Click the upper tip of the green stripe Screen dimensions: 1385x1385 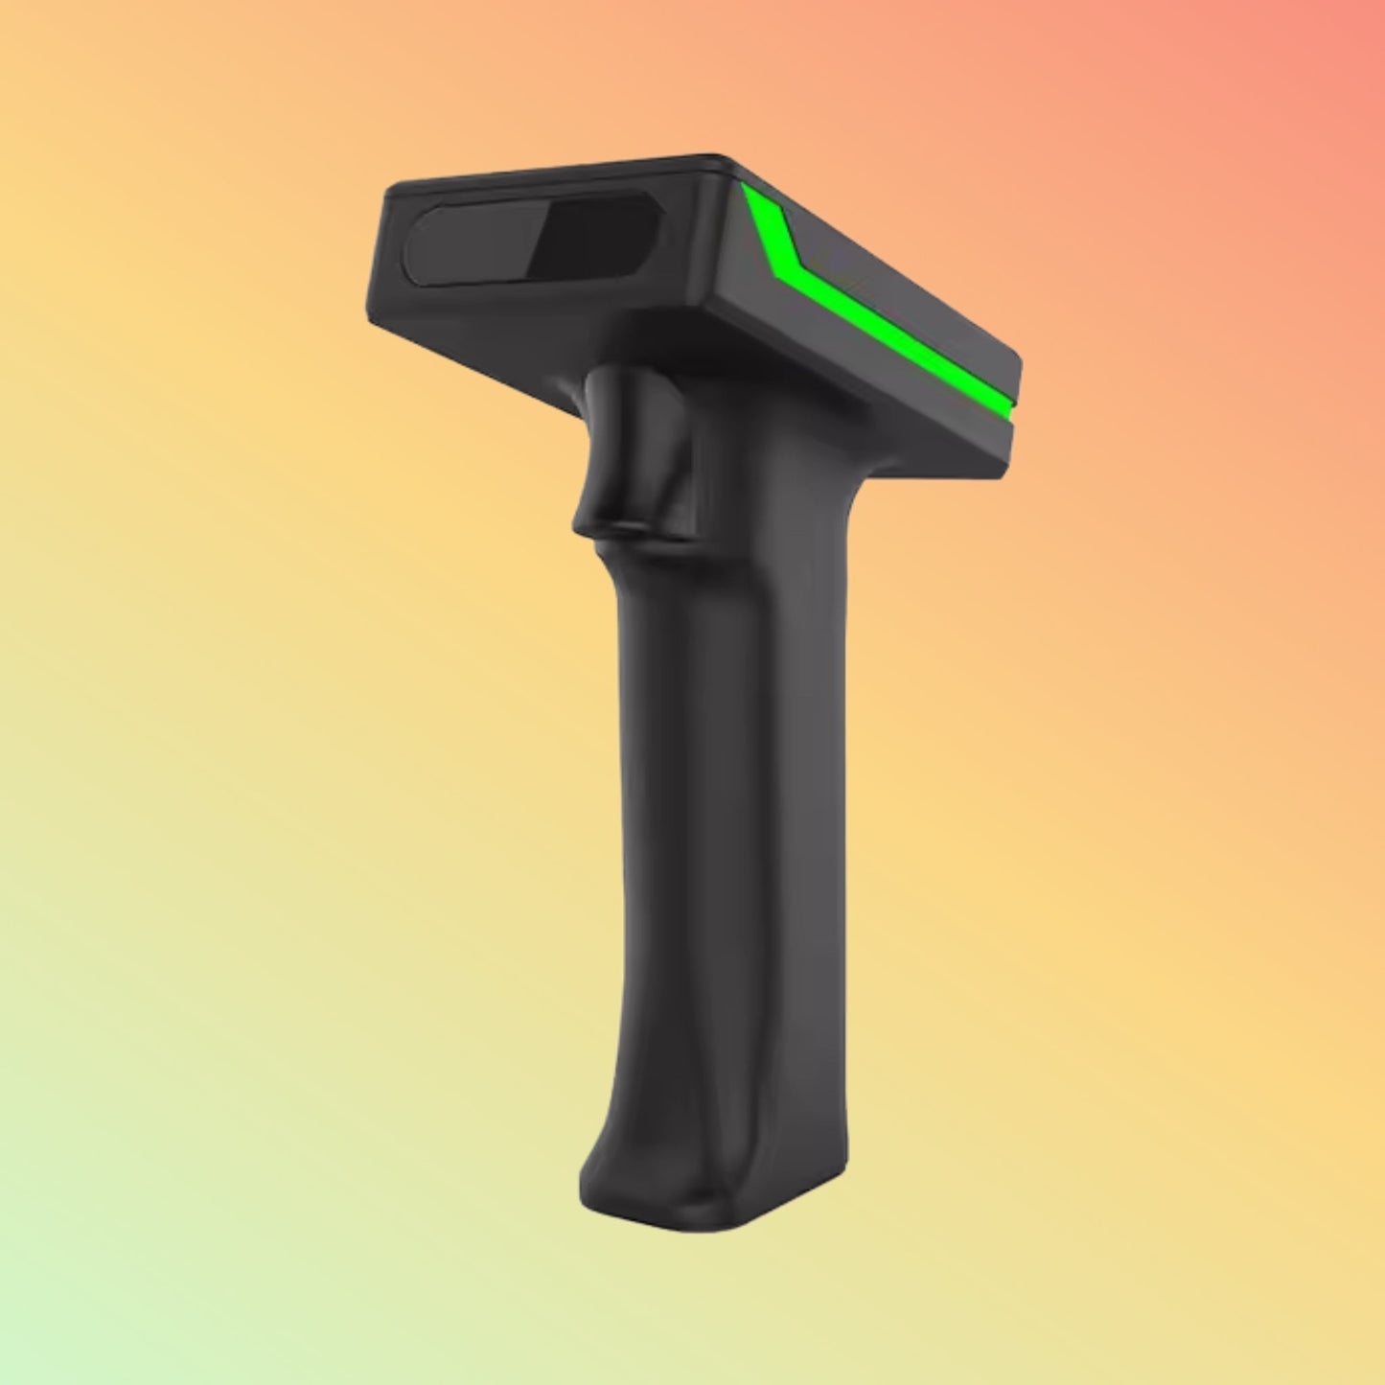[748, 192]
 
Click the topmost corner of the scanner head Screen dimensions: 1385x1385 [714, 157]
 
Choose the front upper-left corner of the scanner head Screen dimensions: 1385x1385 [389, 189]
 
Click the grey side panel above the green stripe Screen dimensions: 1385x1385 [891, 288]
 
